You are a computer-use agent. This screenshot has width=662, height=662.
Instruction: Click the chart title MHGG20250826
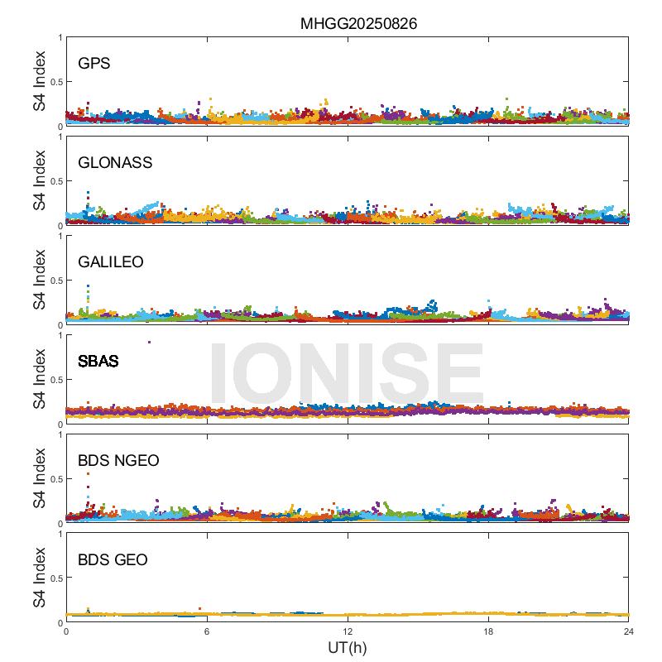(357, 23)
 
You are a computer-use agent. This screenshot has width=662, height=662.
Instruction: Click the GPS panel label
(94, 63)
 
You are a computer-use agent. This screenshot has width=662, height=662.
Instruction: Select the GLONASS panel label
(115, 162)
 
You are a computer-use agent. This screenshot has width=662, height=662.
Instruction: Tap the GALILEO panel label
(111, 261)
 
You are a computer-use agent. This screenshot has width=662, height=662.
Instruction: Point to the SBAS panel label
(98, 361)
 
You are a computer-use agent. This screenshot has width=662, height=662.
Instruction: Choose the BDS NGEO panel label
(118, 460)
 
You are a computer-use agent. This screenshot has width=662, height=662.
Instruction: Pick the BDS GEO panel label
(113, 560)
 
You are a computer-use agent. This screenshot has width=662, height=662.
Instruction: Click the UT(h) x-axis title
(347, 647)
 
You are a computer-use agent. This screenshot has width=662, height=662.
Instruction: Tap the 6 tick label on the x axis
(207, 631)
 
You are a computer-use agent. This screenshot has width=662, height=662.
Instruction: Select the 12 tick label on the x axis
(348, 631)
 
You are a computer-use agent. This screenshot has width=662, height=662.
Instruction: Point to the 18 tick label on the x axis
(488, 631)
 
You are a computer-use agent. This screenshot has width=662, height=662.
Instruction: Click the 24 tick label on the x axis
(628, 631)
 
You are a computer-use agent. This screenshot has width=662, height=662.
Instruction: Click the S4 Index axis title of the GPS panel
(39, 81)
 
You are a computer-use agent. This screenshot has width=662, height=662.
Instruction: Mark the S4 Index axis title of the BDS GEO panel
(39, 578)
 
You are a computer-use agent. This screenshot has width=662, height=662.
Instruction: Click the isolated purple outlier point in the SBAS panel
(149, 342)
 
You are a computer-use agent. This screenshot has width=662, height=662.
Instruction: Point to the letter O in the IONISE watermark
(279, 373)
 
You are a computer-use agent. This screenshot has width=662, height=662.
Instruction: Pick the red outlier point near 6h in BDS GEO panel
(199, 608)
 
